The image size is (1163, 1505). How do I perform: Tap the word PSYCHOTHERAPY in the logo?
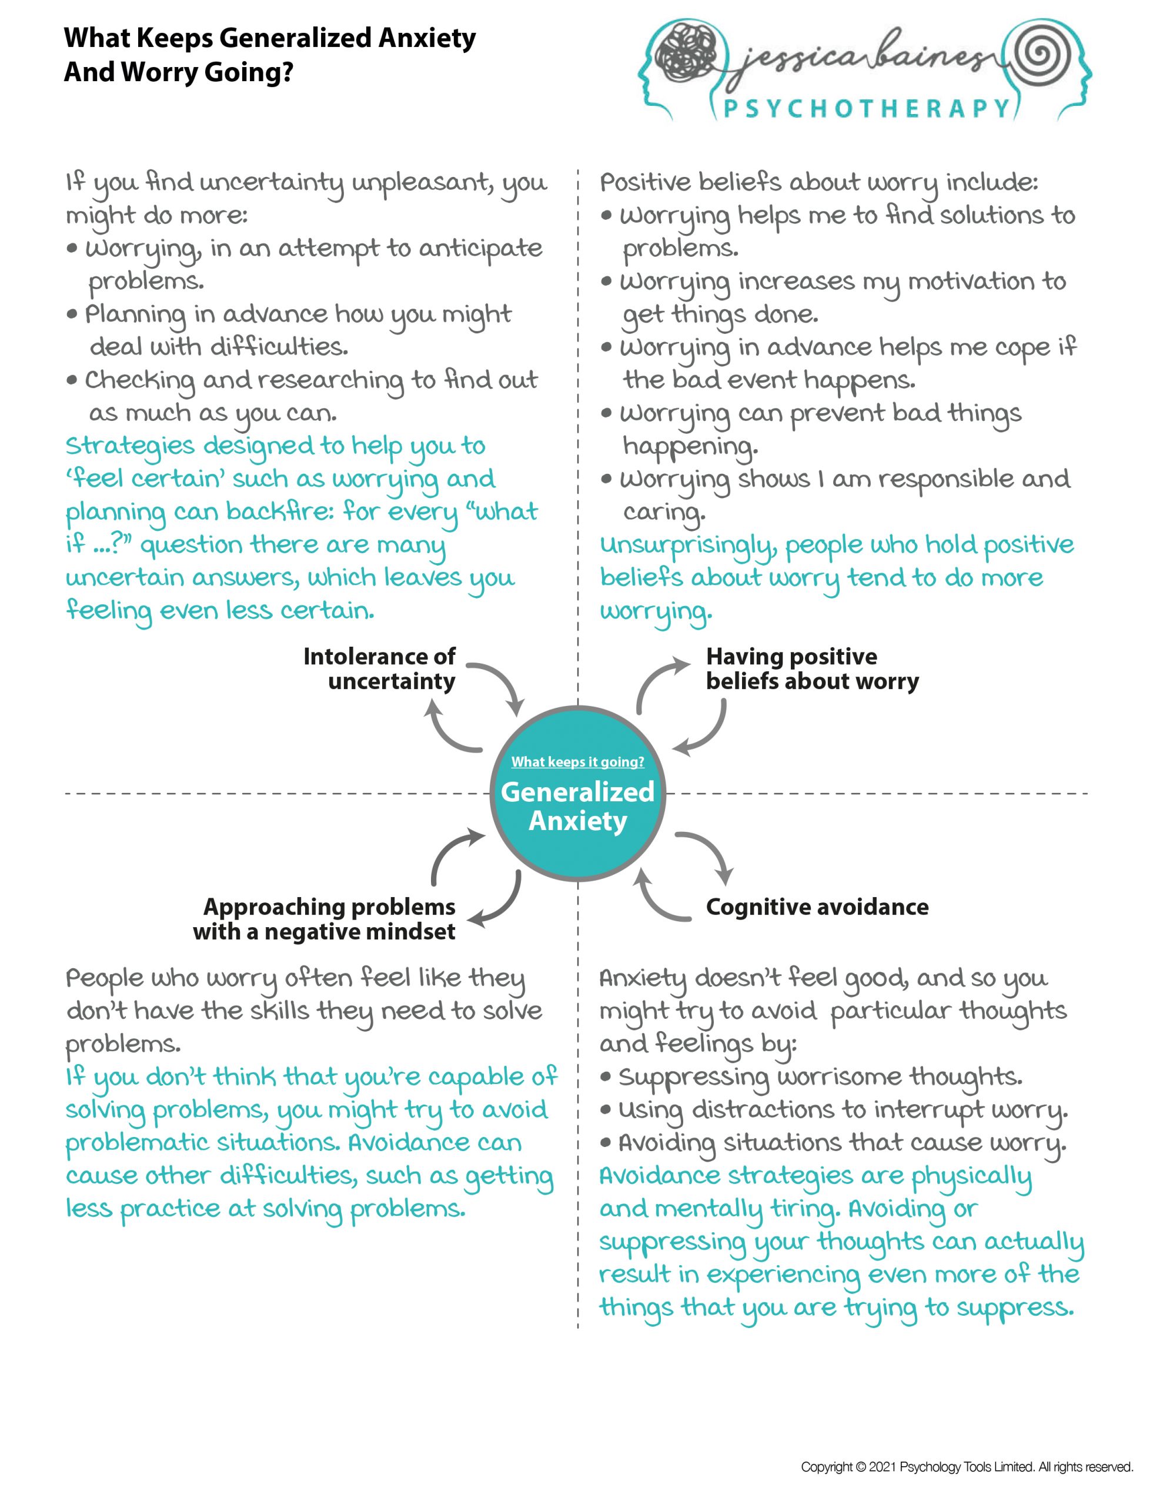coord(866,108)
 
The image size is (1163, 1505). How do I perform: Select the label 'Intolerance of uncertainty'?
coord(379,668)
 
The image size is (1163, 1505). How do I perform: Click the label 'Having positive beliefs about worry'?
coord(811,668)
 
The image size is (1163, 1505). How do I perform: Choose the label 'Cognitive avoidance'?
coord(817,907)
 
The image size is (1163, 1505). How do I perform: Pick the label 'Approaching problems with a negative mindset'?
coord(325,919)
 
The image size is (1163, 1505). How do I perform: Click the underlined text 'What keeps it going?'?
coord(578,761)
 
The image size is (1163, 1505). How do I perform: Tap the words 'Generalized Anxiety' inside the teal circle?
coord(578,806)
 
